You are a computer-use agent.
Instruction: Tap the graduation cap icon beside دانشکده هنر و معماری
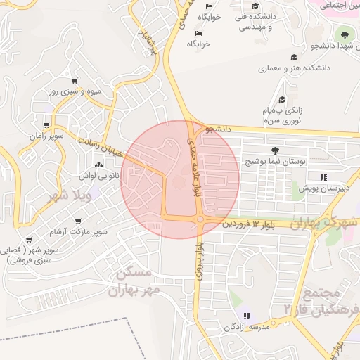coord(292,58)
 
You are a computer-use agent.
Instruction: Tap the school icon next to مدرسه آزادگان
coord(246,316)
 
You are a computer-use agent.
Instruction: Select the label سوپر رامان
coord(46,135)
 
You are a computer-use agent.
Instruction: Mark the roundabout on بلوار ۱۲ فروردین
coord(201,220)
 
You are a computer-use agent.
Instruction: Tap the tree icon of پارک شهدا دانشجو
coord(345,34)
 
